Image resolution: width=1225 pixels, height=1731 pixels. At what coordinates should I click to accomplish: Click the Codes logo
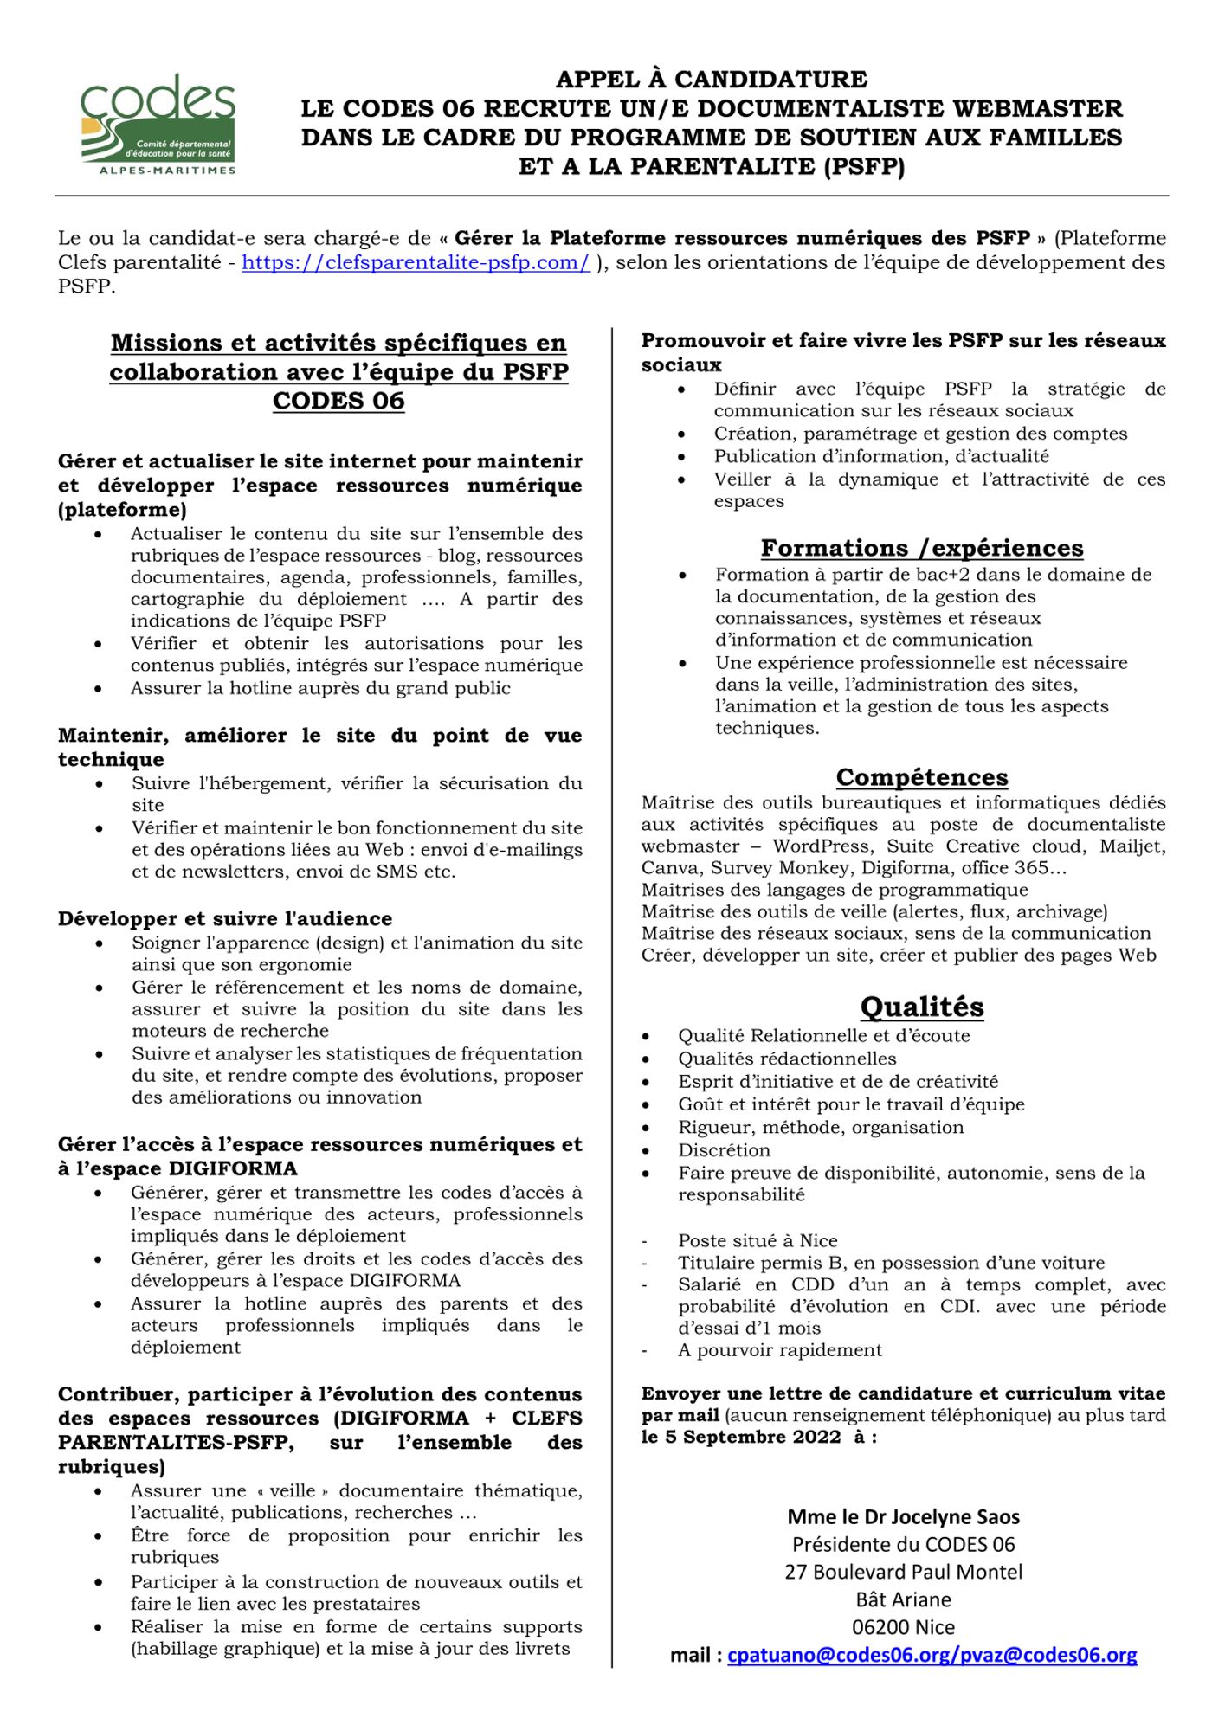click(x=158, y=124)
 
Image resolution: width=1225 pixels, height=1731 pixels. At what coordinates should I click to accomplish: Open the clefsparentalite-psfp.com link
click(x=416, y=262)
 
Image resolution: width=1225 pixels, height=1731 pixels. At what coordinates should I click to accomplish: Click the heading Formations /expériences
click(x=921, y=548)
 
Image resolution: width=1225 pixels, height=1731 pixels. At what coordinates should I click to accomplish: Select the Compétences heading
click(x=921, y=776)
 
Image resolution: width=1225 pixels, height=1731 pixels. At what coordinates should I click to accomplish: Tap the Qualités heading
click(x=921, y=1007)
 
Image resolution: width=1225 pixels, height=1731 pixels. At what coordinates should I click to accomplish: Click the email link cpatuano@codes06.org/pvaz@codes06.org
click(x=932, y=1655)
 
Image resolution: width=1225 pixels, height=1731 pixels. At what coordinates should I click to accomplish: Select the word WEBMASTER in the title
click(x=1031, y=108)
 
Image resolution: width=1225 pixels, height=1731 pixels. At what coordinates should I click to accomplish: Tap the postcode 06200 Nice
click(x=903, y=1627)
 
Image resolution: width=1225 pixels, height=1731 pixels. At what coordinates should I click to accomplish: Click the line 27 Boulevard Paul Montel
click(x=903, y=1572)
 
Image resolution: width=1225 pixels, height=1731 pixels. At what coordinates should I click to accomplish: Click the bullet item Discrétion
click(x=724, y=1150)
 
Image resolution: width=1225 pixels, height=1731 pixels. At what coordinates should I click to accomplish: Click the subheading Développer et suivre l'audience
click(x=225, y=918)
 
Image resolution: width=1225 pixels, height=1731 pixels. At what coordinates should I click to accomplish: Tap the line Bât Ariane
click(x=903, y=1599)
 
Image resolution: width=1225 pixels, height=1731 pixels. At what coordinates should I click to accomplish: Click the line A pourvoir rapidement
click(x=780, y=1350)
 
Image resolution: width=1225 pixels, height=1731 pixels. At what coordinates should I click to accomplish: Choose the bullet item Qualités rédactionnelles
click(x=787, y=1059)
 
